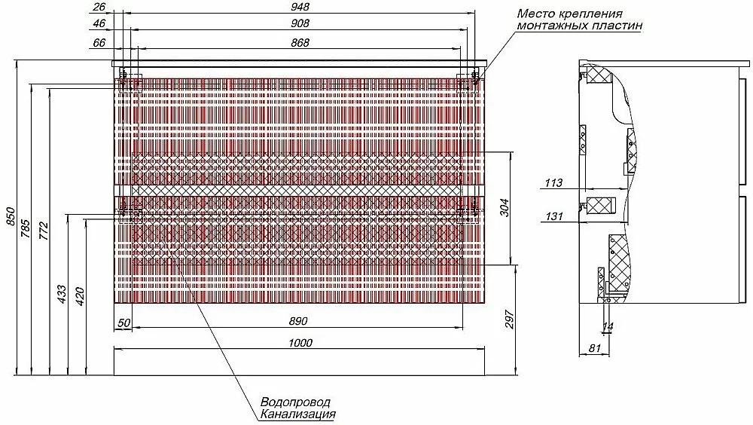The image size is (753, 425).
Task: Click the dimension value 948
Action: (300, 7)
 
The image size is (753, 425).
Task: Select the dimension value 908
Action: (300, 23)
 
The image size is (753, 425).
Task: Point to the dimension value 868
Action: (300, 43)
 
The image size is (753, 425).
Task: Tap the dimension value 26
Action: (99, 7)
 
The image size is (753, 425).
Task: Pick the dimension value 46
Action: (99, 23)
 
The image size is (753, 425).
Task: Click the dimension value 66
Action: (99, 43)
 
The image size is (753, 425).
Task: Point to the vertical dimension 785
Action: (26, 229)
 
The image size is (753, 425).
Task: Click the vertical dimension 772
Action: (44, 231)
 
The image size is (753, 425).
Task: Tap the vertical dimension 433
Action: (62, 294)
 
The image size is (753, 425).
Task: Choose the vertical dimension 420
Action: (81, 296)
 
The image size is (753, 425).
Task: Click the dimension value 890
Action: (298, 321)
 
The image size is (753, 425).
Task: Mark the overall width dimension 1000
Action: (300, 343)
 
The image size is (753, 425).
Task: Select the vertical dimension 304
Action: (505, 208)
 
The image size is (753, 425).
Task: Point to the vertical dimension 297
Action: (510, 320)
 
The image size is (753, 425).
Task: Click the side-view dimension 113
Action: (553, 182)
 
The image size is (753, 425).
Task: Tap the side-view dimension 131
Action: (553, 216)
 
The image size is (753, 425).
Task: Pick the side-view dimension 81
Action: (595, 347)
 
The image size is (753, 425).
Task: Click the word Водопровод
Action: (295, 402)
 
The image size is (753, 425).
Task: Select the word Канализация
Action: (297, 414)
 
